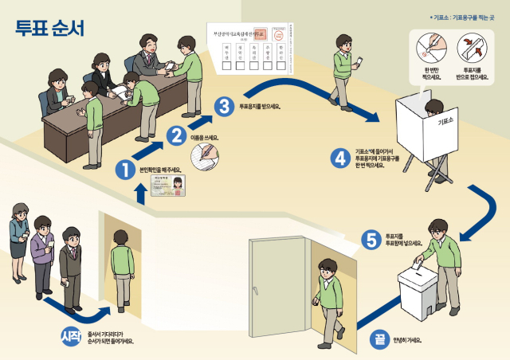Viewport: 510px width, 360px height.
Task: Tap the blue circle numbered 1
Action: coord(125,169)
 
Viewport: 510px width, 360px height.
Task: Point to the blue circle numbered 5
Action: coord(369,238)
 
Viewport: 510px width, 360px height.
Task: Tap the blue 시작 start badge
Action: coord(71,335)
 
